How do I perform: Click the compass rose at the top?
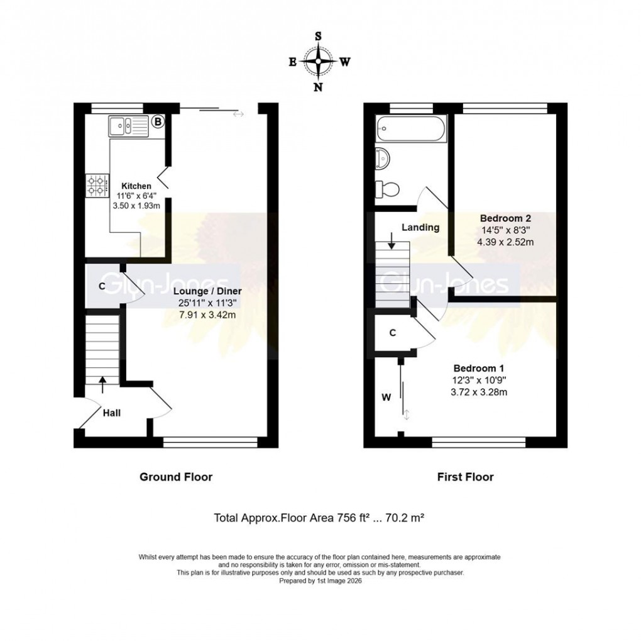319,62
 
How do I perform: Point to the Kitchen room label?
136,186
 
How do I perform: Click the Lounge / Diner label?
209,292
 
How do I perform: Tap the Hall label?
112,413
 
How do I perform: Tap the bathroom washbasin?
383,157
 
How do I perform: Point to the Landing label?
420,228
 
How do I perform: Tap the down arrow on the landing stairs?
392,240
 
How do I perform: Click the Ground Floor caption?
176,477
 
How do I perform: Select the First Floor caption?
465,477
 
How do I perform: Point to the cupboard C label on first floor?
392,333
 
